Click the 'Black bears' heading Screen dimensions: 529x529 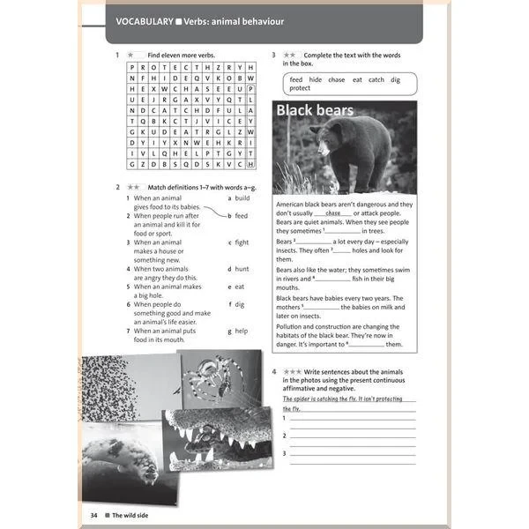(315, 111)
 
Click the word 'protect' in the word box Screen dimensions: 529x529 (300, 88)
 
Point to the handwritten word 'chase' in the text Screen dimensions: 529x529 (332, 213)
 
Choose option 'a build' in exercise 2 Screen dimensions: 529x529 (239, 198)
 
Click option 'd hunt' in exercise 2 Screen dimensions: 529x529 (239, 268)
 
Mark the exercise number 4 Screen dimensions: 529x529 (274, 371)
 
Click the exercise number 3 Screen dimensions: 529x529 (274, 55)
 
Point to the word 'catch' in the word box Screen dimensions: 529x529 (376, 79)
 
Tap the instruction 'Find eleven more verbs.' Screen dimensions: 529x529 (181, 55)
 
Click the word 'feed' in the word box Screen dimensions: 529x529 (297, 79)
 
